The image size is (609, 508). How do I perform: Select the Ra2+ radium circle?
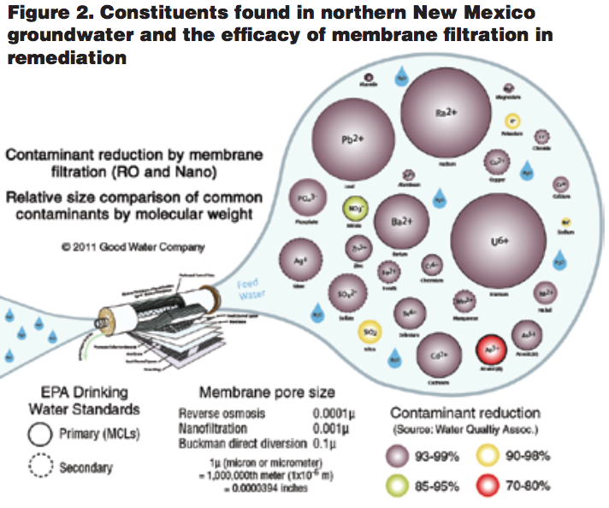click(x=441, y=112)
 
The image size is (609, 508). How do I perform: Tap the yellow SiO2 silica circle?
click(x=371, y=330)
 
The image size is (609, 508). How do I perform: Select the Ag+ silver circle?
click(x=299, y=261)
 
